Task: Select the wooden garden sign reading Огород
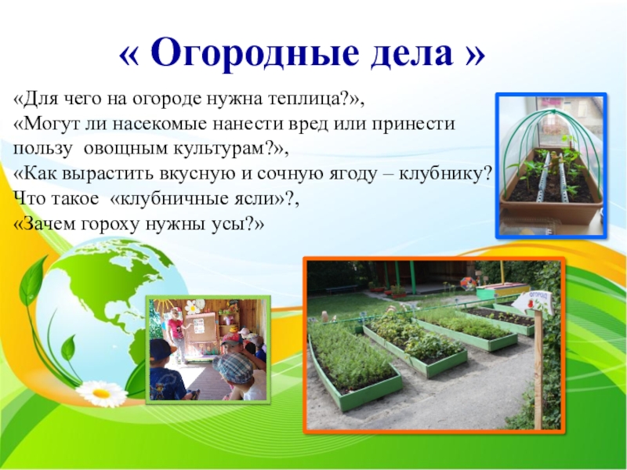(533, 302)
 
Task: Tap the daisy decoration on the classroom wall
(192, 307)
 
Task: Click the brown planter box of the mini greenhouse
(551, 208)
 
